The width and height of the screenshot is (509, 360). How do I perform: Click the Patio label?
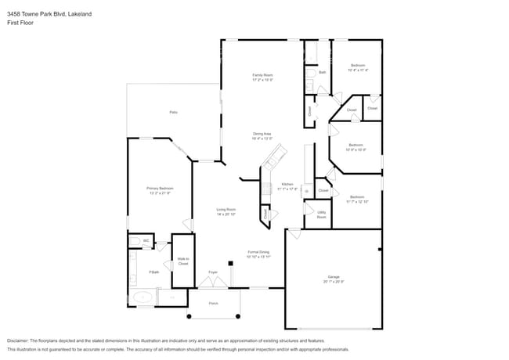coord(173,113)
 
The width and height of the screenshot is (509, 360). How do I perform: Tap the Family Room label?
coord(262,75)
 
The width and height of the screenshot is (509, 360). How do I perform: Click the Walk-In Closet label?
coord(182,261)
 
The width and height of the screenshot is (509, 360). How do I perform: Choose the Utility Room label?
coord(321,214)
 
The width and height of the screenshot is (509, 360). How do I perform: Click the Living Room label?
coord(226,210)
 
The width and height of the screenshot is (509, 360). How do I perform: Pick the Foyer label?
coord(212,272)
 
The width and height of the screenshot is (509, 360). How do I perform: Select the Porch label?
coord(213,302)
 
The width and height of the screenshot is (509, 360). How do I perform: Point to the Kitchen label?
coord(287,185)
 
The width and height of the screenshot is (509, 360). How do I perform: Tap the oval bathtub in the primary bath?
coord(143,297)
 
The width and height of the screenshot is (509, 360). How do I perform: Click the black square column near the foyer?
coord(230,264)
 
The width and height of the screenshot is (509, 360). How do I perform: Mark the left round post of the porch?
coord(189,316)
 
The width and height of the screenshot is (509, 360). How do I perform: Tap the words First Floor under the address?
coord(20,23)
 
